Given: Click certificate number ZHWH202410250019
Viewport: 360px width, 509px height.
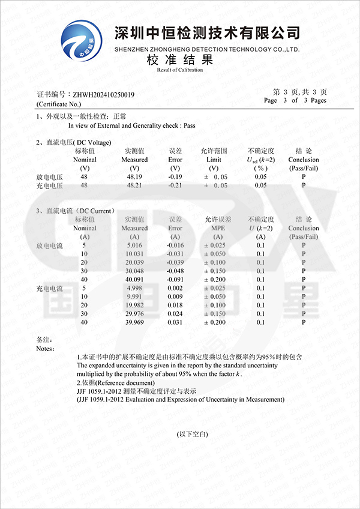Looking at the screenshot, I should pos(103,95).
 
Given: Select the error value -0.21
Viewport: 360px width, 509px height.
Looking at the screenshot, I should pos(175,185).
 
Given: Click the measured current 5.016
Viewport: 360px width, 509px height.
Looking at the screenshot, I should pos(134,245).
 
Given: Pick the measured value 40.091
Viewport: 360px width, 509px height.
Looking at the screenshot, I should pos(134,279).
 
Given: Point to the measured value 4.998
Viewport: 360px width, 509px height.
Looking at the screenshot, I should pos(134,288).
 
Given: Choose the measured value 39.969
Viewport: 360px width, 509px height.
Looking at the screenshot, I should pos(134,322).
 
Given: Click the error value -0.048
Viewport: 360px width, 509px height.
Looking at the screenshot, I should pos(175,271).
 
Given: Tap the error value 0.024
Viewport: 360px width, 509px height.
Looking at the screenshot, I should pos(175,313).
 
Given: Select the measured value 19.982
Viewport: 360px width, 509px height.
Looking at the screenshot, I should pos(134,305).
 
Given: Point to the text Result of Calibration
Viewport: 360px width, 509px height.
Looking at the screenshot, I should pos(180,70).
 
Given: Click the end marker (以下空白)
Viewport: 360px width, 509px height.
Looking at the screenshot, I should pos(192,433).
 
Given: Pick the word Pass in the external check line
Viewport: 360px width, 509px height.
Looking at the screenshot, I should pos(190,126).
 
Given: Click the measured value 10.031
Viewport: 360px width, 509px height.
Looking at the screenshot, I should pos(134,254).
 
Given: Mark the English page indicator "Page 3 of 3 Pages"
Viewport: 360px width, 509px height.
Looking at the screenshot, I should pos(295,100).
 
